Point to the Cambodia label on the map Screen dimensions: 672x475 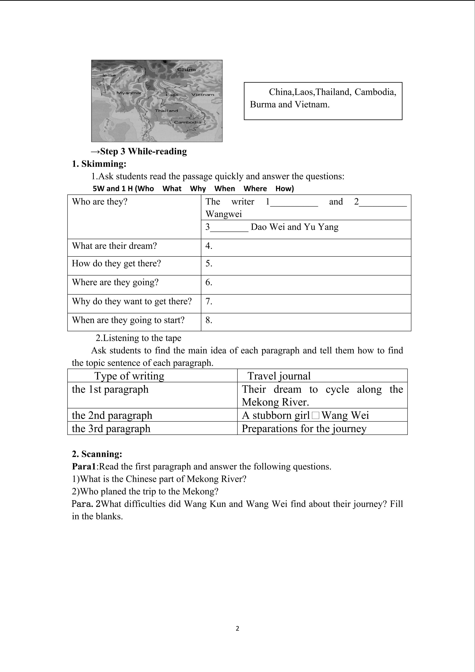[x=188, y=122]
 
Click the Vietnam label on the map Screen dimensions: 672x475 [x=203, y=95]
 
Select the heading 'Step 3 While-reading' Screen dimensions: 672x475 [x=139, y=151]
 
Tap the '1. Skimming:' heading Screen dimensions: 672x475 [x=99, y=164]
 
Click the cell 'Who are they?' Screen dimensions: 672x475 [x=100, y=202]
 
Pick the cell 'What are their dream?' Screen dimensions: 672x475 [x=114, y=246]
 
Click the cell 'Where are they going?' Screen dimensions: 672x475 [x=115, y=282]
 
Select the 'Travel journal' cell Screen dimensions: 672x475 [x=279, y=376]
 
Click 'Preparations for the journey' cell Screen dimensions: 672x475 [x=304, y=429]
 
